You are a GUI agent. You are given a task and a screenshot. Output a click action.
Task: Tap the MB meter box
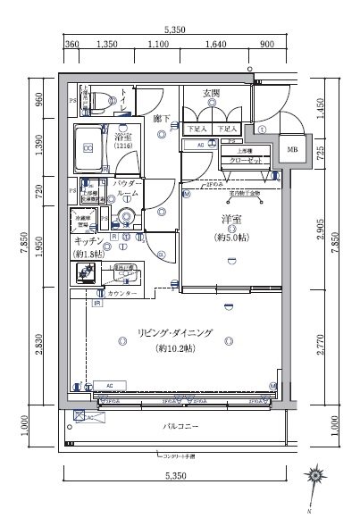[293, 150]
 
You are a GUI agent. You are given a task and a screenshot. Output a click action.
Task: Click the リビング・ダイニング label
[175, 333]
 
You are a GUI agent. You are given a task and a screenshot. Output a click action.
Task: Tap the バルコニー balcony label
[180, 427]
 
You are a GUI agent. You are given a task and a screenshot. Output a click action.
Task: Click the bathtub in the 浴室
[88, 143]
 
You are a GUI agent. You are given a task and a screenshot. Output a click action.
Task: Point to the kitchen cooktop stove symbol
[88, 273]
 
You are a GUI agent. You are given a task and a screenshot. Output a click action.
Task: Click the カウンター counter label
[122, 293]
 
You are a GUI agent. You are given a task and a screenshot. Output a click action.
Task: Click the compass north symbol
[314, 477]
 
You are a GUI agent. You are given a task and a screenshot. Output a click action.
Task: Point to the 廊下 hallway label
[161, 118]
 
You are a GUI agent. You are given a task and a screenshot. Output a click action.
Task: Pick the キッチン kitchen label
[87, 241]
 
